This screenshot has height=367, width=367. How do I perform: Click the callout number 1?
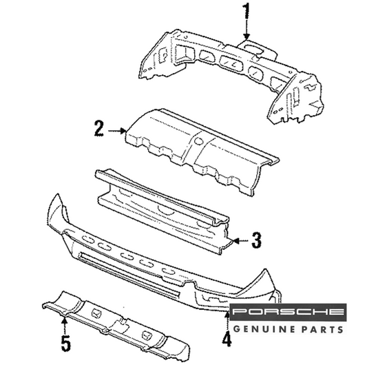[x=247, y=11]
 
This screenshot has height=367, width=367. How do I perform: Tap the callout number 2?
[x=99, y=128]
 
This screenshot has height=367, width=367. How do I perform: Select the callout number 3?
[x=256, y=240]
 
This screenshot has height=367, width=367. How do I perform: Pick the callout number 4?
[x=227, y=339]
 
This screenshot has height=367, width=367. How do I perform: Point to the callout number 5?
[x=66, y=343]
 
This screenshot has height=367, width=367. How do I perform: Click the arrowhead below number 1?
[x=247, y=36]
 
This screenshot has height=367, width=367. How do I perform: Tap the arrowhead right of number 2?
[x=123, y=131]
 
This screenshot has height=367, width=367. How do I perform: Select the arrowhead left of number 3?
[x=236, y=241]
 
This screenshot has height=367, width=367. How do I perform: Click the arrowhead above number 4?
[x=227, y=315]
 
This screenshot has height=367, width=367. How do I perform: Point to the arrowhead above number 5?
[x=64, y=320]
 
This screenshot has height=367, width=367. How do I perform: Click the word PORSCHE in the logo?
[x=288, y=311]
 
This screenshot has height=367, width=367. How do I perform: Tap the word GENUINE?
[x=264, y=330]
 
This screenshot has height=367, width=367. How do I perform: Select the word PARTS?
[x=322, y=330]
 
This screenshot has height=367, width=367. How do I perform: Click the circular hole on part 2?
[x=199, y=140]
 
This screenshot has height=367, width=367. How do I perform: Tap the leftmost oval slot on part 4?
[x=87, y=240]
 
